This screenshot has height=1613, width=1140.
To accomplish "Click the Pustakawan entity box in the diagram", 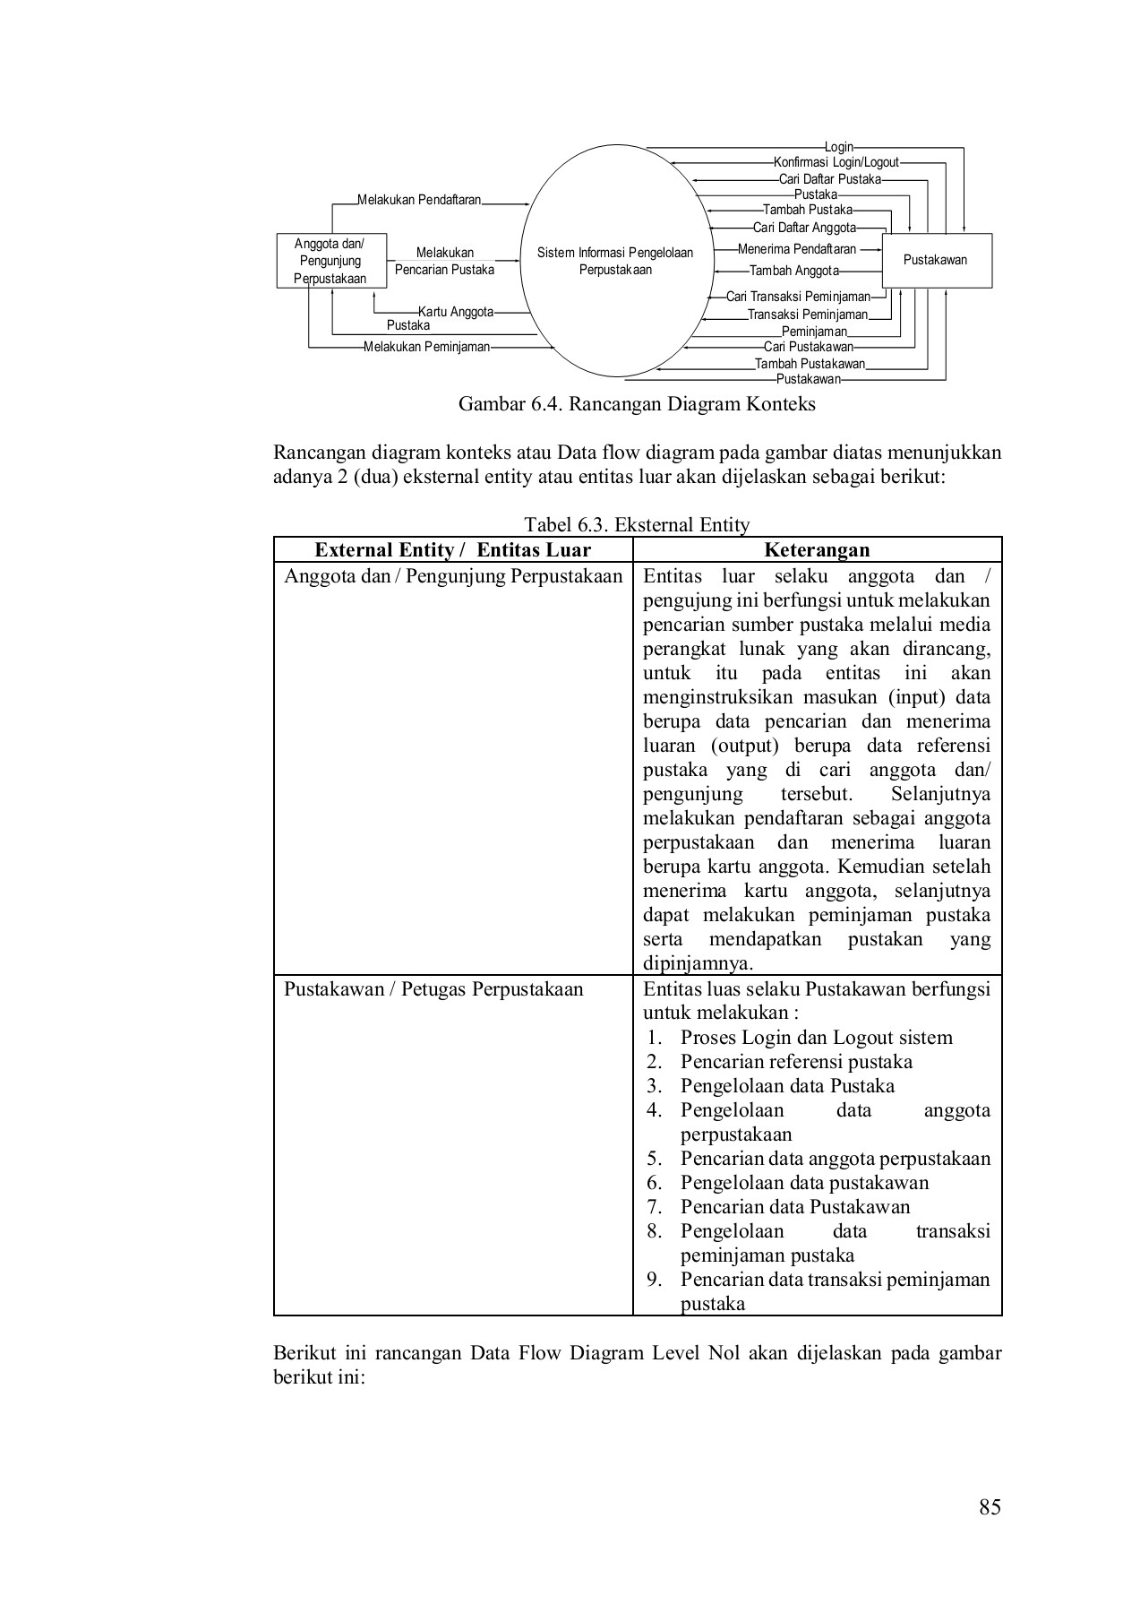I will (x=936, y=261).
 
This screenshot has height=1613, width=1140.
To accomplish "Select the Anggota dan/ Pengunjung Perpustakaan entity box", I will (x=330, y=261).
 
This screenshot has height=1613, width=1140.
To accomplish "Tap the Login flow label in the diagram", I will (x=838, y=147).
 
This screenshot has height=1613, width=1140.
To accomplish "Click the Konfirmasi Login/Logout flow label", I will (x=836, y=163).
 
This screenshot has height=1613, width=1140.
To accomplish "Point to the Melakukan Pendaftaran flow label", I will (x=419, y=200).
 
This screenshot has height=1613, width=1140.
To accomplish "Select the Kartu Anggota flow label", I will (x=456, y=312).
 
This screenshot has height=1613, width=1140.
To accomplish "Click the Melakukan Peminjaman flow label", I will (x=426, y=347).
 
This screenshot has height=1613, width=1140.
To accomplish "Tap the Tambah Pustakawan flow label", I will (x=810, y=364).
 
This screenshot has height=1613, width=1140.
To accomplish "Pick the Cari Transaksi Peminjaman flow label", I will (x=798, y=297).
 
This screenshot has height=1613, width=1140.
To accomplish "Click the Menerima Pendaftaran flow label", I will (x=796, y=249).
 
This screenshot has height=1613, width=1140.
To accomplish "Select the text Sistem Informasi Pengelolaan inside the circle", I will (x=615, y=253).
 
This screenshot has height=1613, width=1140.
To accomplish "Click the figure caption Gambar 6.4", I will (x=637, y=404).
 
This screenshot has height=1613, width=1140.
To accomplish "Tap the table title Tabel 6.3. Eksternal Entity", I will (x=637, y=525).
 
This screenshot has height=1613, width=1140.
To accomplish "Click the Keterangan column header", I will (x=817, y=550).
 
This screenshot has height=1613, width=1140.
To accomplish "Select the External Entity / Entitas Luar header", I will (x=453, y=550).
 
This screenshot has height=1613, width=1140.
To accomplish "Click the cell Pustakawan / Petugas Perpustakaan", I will (x=433, y=989).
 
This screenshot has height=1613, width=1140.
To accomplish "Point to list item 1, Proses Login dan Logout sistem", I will (x=816, y=1038).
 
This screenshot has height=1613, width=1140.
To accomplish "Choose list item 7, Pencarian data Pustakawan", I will (x=794, y=1207).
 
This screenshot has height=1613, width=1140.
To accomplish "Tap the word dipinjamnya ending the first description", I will (x=698, y=964).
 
